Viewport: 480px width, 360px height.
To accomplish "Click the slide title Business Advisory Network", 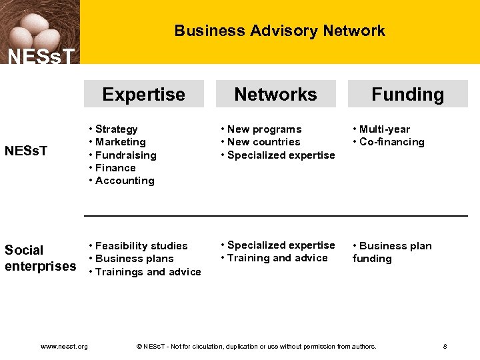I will pos(279,31).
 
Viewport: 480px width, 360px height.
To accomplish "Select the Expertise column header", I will pos(143,95).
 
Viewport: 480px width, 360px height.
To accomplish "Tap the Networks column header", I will pos(275,95).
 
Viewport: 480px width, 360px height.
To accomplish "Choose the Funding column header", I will pos(407,95).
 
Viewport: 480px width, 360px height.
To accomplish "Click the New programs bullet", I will pos(264,129).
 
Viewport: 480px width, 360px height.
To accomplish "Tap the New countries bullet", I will pos(263,142).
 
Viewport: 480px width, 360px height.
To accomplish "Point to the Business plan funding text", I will pos(392,252).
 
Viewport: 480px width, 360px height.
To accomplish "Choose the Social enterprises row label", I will pos(40,258).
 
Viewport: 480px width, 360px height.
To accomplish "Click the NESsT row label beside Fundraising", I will pos(26,151).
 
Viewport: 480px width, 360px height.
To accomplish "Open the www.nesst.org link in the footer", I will pos(64,347).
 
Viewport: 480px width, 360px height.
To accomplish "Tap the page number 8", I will pos(445,347).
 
